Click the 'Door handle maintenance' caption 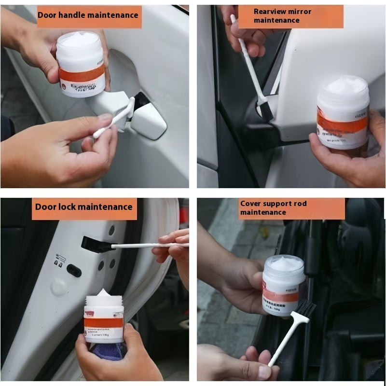coord(88,15)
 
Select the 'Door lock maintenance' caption coord(83,207)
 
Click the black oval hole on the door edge coord(73,270)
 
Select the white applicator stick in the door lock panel coord(145,246)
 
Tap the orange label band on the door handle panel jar coord(81,74)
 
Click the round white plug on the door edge coord(59,287)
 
